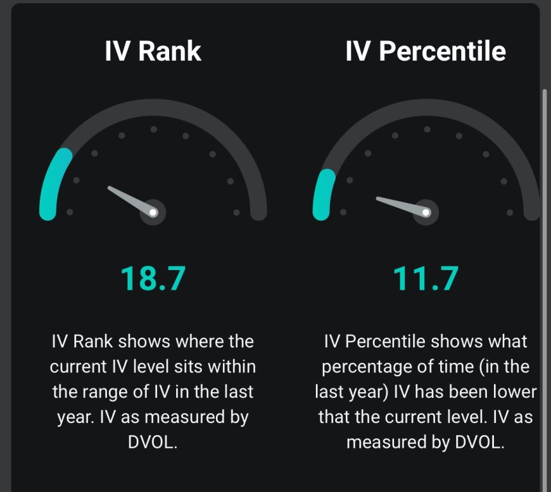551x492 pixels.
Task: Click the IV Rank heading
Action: [153, 51]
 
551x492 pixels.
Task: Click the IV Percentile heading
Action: [425, 51]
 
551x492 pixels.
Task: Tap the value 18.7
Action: [153, 279]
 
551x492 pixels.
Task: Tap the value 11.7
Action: [425, 279]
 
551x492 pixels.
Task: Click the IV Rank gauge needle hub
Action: [153, 212]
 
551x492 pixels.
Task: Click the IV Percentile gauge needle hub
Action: [425, 212]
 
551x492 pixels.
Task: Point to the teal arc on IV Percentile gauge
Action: [322, 192]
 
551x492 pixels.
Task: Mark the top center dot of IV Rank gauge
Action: [153, 129]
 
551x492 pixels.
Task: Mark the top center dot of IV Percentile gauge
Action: [425, 129]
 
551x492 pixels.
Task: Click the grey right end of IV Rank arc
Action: [258, 210]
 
